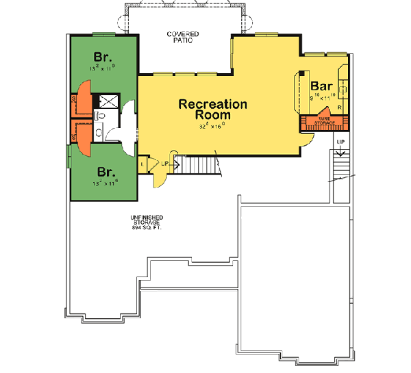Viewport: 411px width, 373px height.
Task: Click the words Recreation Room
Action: pyautogui.click(x=212, y=110)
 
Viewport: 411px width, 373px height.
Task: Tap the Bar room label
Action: pyautogui.click(x=322, y=86)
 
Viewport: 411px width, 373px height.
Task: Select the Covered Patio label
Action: pyautogui.click(x=182, y=37)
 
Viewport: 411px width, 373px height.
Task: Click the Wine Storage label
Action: pyautogui.click(x=325, y=121)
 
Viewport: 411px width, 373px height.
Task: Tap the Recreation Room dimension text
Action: pyautogui.click(x=212, y=127)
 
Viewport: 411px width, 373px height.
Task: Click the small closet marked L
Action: pyautogui.click(x=142, y=164)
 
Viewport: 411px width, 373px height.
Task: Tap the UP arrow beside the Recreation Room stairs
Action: pyautogui.click(x=169, y=162)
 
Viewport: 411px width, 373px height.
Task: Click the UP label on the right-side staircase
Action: pyautogui.click(x=340, y=142)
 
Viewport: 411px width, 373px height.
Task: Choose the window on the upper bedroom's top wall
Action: pyautogui.click(x=104, y=34)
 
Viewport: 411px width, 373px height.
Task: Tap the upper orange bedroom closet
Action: pyautogui.click(x=83, y=99)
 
